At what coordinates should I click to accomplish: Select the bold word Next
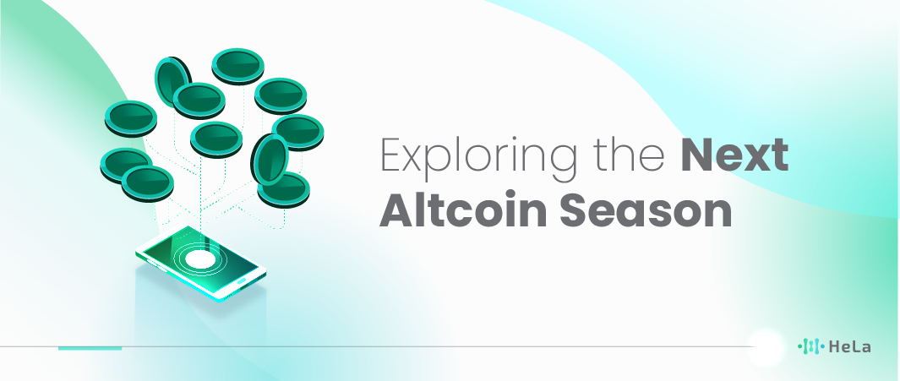click(x=734, y=155)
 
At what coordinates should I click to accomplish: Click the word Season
click(x=646, y=211)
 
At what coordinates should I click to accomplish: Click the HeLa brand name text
click(x=849, y=346)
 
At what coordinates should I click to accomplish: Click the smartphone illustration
click(x=201, y=262)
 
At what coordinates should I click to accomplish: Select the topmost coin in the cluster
click(x=237, y=66)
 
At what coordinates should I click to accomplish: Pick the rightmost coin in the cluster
click(x=298, y=132)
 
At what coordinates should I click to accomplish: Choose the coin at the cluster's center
click(x=216, y=139)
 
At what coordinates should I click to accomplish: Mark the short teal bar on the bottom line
click(x=90, y=348)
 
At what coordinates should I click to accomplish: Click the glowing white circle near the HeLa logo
click(x=765, y=346)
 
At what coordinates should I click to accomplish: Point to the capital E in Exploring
click(x=392, y=155)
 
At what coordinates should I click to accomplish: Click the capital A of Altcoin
click(x=399, y=210)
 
